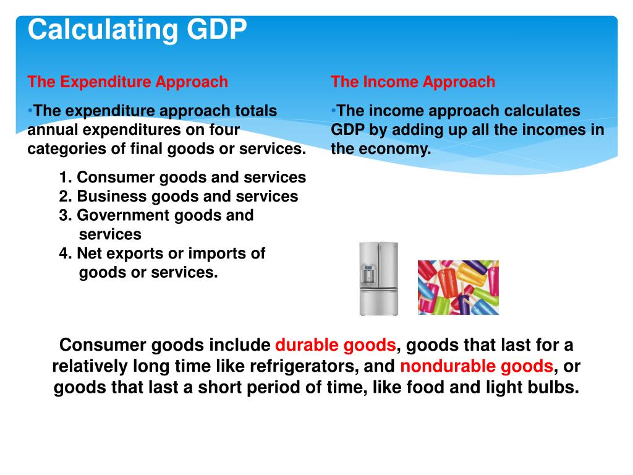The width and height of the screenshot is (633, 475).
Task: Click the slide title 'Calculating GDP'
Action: pos(137,30)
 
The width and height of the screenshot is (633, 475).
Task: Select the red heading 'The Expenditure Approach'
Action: pos(128,82)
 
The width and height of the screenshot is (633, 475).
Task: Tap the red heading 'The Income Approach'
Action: pos(413,82)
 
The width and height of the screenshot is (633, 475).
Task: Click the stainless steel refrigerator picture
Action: pos(378,278)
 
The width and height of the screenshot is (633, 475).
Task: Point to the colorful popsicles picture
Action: pos(458,287)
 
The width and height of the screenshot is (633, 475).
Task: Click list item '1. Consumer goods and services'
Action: pos(183,178)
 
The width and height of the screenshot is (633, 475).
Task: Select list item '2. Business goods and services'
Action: pos(179,197)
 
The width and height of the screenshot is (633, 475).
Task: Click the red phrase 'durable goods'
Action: pos(335,345)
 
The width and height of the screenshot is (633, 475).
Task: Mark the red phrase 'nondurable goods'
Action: pos(477,366)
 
